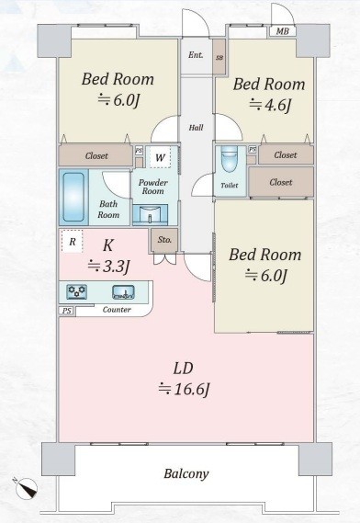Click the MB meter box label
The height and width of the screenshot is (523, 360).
[x=280, y=31]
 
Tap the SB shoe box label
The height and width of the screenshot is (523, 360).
[x=219, y=56]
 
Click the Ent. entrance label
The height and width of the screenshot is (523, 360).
[x=196, y=55]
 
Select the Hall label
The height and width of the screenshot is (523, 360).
[x=197, y=127]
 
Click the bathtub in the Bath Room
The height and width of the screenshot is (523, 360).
[x=75, y=194]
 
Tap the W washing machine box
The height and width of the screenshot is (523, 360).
[x=160, y=158]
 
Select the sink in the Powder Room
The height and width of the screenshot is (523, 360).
[x=150, y=214]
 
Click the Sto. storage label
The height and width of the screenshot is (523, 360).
[x=164, y=240]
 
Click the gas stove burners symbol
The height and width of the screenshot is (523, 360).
[x=77, y=292]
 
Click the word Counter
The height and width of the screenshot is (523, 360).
[x=117, y=311]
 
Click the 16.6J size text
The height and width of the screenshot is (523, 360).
[x=185, y=389]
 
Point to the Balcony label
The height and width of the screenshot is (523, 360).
[x=186, y=474]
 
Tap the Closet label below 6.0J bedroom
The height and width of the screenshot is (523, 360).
[x=96, y=156]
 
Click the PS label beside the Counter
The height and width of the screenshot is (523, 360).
[x=66, y=311]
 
